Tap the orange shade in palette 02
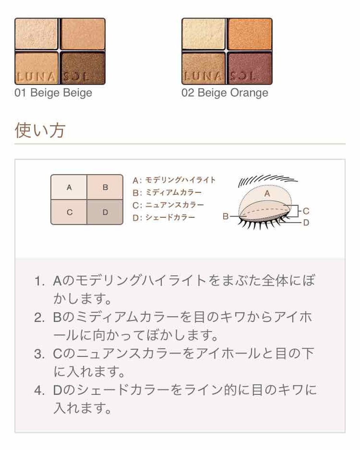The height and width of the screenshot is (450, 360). click(250, 34)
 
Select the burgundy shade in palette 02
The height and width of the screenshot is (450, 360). click(250, 68)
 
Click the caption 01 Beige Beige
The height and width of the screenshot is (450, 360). click(53, 93)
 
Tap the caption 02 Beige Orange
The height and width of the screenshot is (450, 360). click(225, 93)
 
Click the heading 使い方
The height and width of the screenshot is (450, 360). click(40, 130)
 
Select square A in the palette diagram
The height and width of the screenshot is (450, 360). click(69, 187)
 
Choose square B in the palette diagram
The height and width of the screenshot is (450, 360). click(105, 187)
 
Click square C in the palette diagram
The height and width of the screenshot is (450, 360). click(69, 212)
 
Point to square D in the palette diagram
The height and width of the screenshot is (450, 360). click(105, 212)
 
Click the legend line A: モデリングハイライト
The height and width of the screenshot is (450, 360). click(174, 180)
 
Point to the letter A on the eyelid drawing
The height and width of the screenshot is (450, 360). click(267, 194)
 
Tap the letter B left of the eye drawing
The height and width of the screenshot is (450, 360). click(226, 216)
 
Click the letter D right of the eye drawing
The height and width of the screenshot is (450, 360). click(306, 223)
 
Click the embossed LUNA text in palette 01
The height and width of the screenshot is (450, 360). click(37, 77)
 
